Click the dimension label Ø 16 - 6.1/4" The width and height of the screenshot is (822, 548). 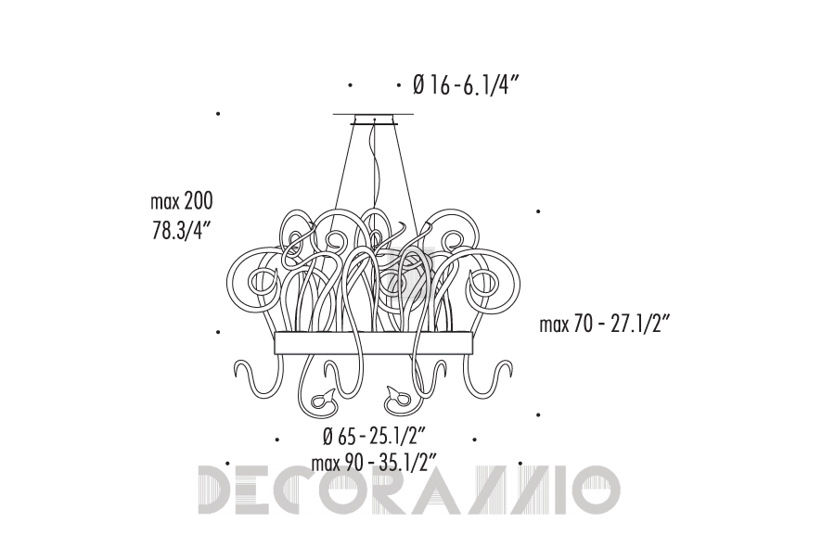coord(466,85)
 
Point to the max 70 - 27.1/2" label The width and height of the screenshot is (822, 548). coord(605,325)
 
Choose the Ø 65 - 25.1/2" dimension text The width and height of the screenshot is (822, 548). coord(374,436)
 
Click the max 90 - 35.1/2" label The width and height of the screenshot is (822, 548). coord(374,463)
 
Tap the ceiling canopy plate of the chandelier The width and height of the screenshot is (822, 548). coord(373,119)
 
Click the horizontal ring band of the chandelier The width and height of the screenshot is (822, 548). coord(374,342)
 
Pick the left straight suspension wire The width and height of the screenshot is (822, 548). coord(345,168)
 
